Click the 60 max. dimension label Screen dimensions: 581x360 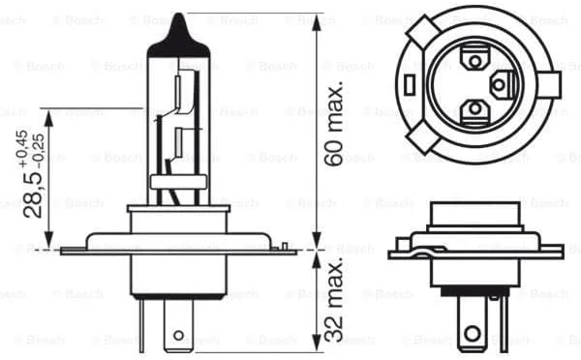[x=333, y=123]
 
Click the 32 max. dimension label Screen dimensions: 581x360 [x=333, y=297]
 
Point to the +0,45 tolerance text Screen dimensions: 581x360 [x=22, y=148]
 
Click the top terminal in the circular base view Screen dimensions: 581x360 [x=474, y=58]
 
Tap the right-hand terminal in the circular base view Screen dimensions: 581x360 [x=502, y=85]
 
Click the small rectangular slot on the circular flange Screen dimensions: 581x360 [x=410, y=85]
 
